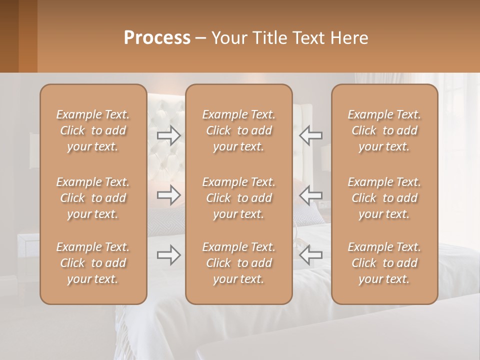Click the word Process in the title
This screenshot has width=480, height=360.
pyautogui.click(x=157, y=38)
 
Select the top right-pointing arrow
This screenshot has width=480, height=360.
pyautogui.click(x=168, y=135)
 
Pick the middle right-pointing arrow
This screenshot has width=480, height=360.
pyautogui.click(x=168, y=195)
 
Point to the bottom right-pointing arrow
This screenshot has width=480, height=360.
pyautogui.click(x=168, y=255)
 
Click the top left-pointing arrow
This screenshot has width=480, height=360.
pyautogui.click(x=310, y=135)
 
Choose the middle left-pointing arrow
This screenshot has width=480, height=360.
pyautogui.click(x=310, y=195)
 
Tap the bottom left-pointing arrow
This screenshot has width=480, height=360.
pyautogui.click(x=310, y=255)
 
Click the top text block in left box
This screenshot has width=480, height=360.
pyautogui.click(x=93, y=130)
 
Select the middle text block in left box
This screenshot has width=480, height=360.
pyautogui.click(x=93, y=198)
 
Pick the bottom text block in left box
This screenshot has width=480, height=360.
pyautogui.click(x=93, y=263)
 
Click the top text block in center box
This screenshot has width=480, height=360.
pyautogui.click(x=239, y=130)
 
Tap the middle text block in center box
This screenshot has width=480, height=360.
pyautogui.click(x=239, y=198)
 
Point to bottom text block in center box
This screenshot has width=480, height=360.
pyautogui.click(x=239, y=263)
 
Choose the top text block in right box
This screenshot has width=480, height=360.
pyautogui.click(x=384, y=130)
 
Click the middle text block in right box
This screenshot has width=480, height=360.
pyautogui.click(x=384, y=198)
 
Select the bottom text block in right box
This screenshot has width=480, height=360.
pyautogui.click(x=384, y=263)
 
